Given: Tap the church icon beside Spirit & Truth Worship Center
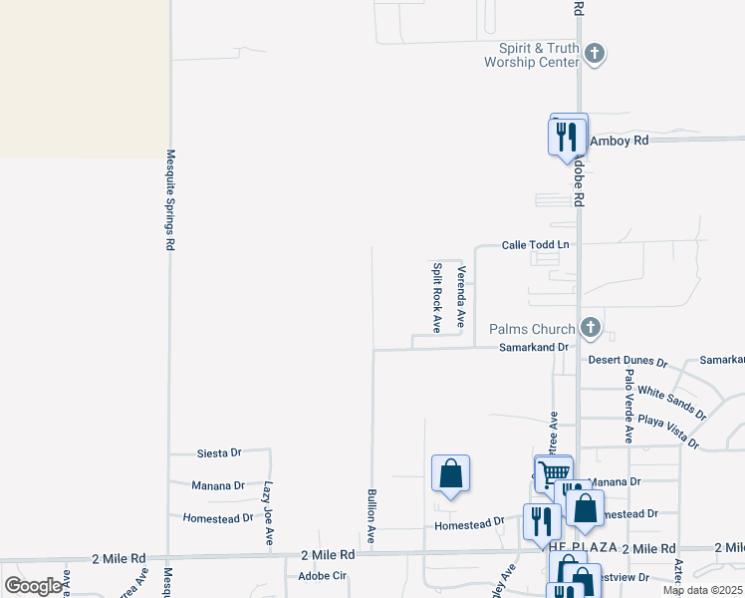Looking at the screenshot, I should [594, 54].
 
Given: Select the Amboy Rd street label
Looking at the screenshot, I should [619, 141].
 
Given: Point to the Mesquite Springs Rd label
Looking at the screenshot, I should [170, 199].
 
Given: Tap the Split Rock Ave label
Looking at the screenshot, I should [436, 297].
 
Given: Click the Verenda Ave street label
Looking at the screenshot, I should [460, 297].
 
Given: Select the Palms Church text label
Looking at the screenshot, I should [532, 329].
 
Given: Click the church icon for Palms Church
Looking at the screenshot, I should [591, 327].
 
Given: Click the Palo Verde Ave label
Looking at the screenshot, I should [628, 406].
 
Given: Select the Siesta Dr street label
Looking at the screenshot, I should [219, 452].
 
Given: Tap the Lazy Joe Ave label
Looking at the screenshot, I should [268, 513].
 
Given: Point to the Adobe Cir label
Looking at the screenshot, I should [322, 576].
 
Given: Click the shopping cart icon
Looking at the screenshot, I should [553, 472].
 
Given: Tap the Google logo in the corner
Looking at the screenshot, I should [33, 585].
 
